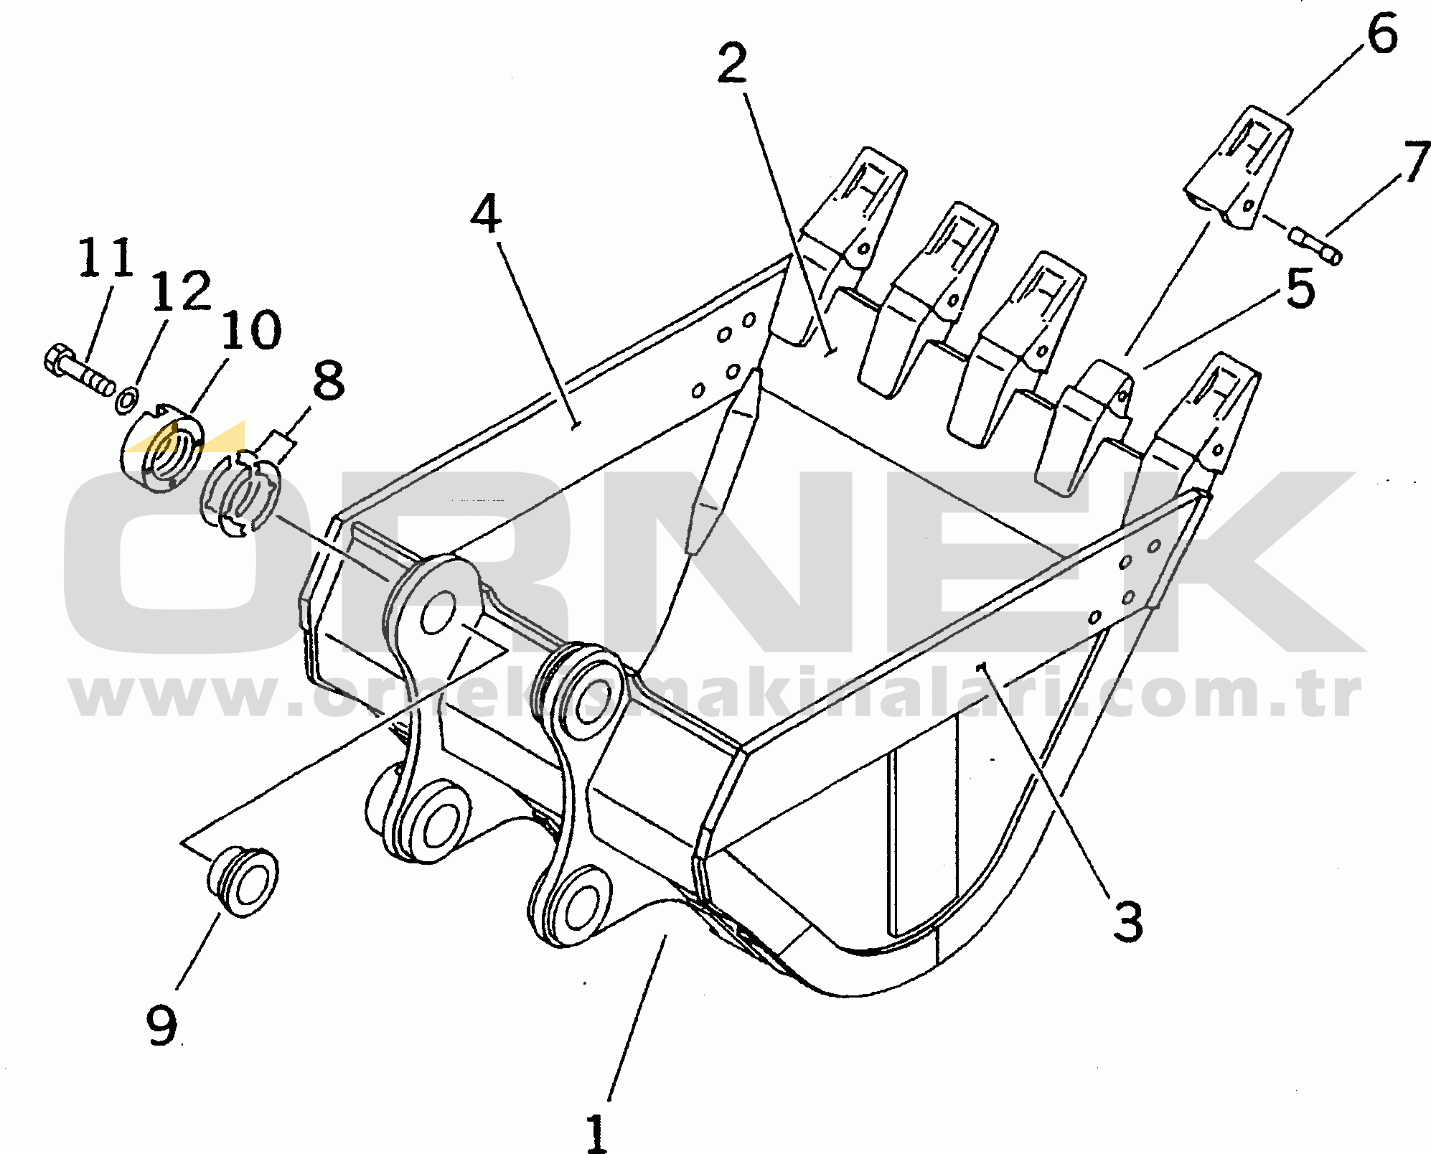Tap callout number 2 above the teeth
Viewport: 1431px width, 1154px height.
[x=733, y=64]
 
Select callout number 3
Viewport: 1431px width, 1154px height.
[x=1127, y=921]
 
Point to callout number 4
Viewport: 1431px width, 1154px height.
[x=487, y=213]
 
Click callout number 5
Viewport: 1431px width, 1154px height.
[x=1300, y=288]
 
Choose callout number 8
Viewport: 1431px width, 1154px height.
[x=329, y=380]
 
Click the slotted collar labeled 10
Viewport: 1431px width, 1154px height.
[x=163, y=449]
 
